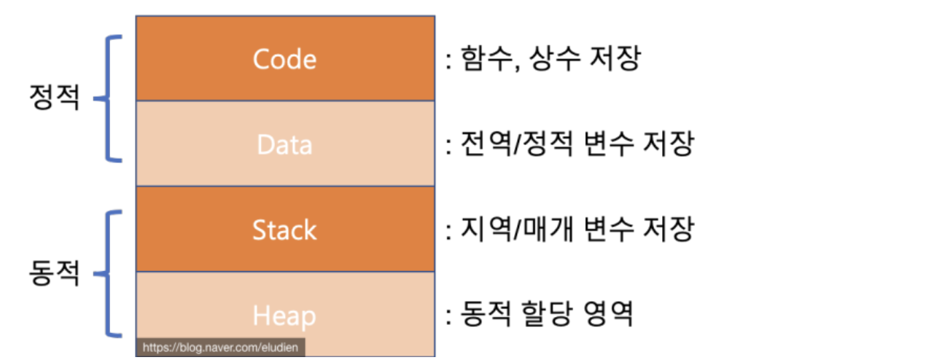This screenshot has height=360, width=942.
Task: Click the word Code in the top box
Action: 284,59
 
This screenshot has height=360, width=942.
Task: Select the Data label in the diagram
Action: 284,144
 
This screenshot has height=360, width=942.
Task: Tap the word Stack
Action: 284,230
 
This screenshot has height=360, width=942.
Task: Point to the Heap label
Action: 284,316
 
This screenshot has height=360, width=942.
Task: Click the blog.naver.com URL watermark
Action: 220,348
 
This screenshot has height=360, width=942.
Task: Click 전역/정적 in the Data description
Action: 517,145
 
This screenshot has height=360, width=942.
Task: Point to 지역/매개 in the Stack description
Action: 517,231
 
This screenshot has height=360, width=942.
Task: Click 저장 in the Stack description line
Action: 669,231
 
